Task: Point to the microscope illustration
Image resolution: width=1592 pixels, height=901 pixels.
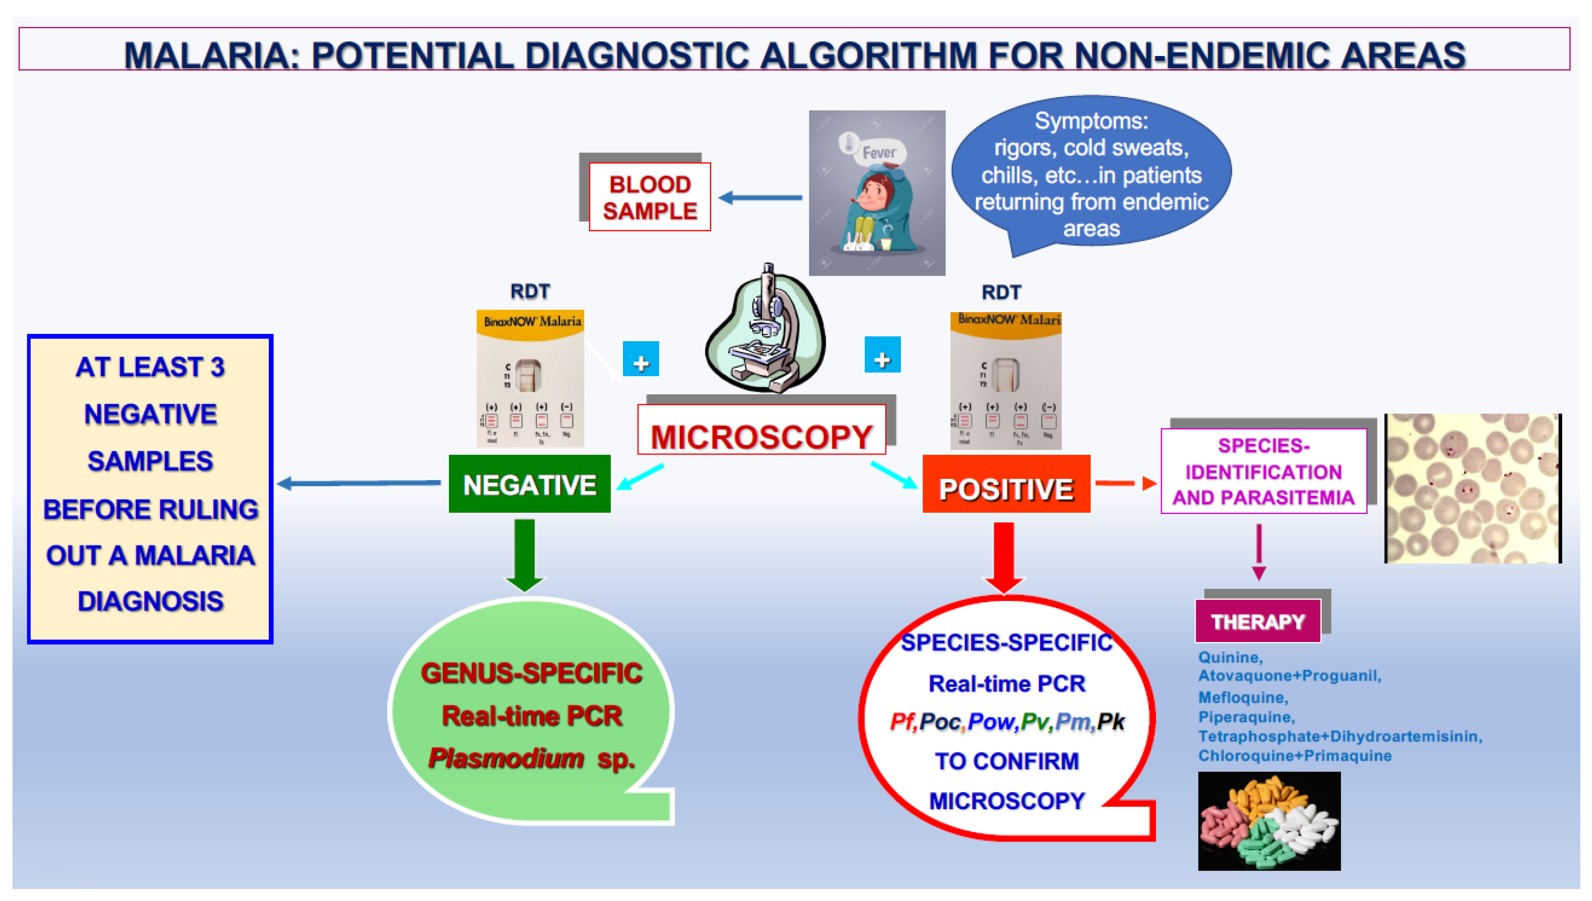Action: point(766,331)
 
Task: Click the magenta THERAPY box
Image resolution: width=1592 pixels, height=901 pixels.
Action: point(1257,621)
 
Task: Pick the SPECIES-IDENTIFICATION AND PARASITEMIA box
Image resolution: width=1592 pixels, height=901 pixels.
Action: point(1263,471)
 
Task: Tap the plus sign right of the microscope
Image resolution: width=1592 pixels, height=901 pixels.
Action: point(882,356)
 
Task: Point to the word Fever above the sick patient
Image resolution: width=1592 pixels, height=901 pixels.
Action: point(879,153)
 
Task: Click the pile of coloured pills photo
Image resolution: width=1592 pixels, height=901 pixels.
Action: point(1269,821)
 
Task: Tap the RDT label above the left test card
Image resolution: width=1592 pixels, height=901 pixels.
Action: point(530,291)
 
